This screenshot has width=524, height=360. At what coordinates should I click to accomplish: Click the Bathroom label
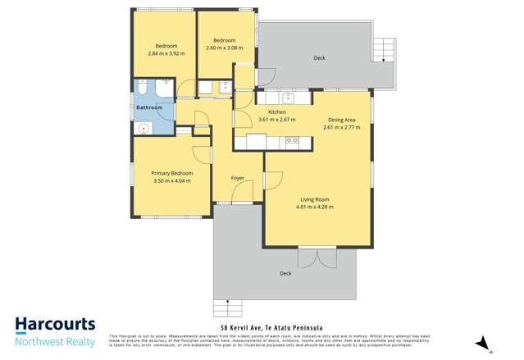(x=149, y=107)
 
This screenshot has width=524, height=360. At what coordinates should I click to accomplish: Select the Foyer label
(x=238, y=177)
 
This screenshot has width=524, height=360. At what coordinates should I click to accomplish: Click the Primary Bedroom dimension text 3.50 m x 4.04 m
(x=171, y=180)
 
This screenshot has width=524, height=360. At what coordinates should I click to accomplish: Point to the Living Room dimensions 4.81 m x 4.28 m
(x=313, y=207)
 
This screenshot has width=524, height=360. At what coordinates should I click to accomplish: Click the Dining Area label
(x=341, y=120)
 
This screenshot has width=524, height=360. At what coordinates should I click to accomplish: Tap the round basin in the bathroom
(x=143, y=127)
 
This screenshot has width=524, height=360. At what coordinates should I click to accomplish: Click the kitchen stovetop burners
(x=292, y=142)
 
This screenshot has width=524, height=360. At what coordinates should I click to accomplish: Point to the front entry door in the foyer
(x=242, y=194)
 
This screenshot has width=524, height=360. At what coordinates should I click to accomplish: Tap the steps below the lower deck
(x=229, y=308)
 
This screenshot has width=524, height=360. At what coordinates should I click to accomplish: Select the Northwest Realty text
(x=56, y=339)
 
